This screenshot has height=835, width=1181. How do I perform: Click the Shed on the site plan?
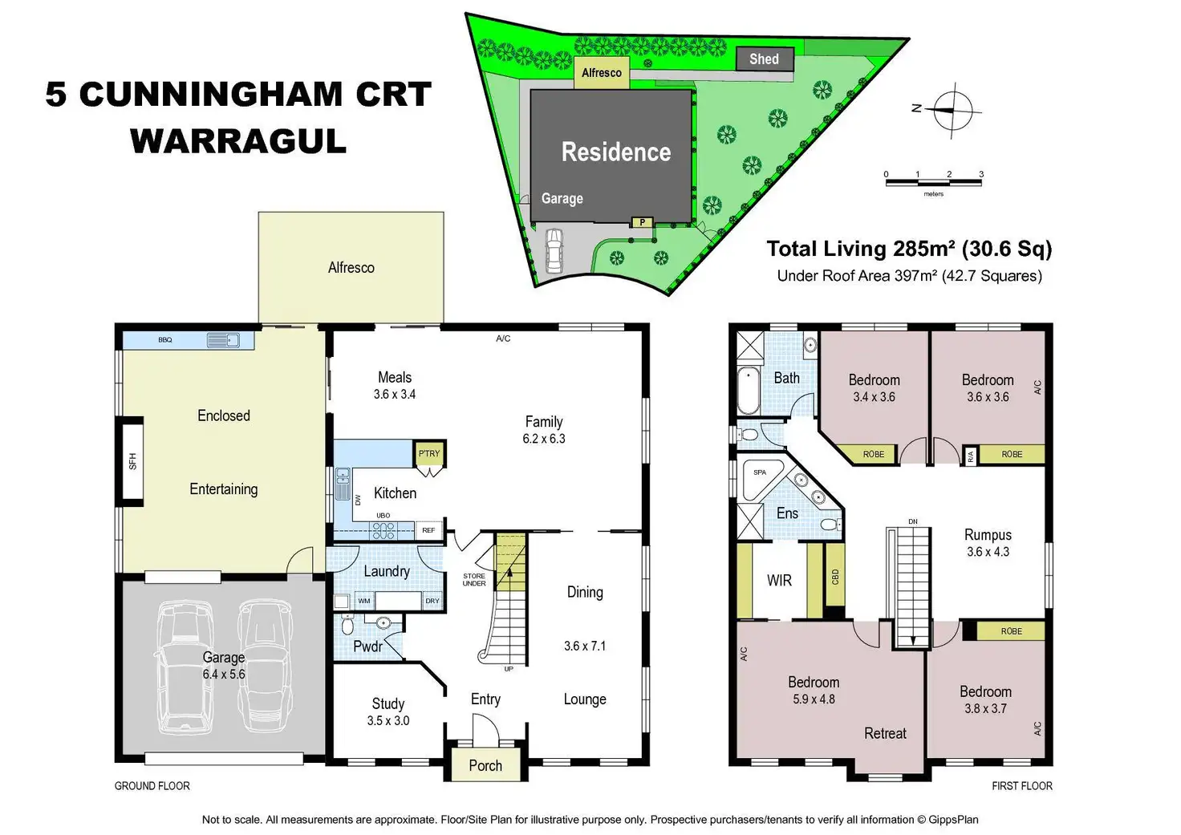(764, 59)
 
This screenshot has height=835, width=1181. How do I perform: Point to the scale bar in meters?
(933, 182)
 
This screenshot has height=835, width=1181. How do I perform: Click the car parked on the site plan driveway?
(554, 250)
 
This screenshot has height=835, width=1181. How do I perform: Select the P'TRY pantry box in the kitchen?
(429, 454)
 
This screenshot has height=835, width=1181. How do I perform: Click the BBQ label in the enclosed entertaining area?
(165, 340)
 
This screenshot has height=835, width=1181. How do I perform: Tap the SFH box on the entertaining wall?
(132, 461)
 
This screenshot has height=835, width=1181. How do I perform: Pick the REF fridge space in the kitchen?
(428, 530)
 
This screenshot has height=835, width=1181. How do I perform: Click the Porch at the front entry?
(485, 766)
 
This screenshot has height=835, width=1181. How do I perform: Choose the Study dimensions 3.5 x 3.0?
(388, 721)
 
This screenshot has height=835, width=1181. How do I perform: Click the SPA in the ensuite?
(760, 472)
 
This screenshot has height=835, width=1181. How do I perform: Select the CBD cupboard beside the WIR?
(835, 577)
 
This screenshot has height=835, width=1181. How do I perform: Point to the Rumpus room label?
(988, 535)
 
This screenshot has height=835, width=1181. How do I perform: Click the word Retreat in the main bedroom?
(885, 733)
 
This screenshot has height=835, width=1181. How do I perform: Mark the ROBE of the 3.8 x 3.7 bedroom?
(1011, 631)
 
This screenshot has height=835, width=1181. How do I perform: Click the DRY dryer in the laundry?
(432, 601)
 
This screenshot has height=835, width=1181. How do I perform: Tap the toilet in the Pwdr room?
(347, 624)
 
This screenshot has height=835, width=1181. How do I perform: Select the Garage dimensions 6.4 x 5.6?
(224, 675)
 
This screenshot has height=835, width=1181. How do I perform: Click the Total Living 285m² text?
(908, 249)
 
